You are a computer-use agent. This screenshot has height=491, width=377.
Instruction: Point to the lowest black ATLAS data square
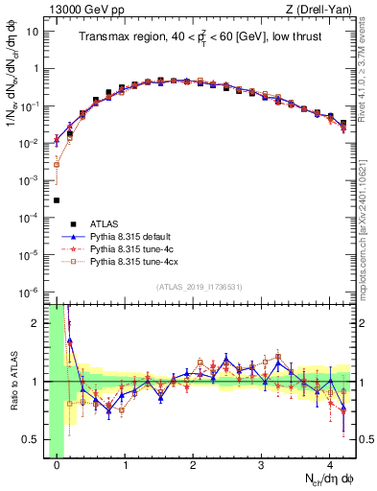coord(57,200)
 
